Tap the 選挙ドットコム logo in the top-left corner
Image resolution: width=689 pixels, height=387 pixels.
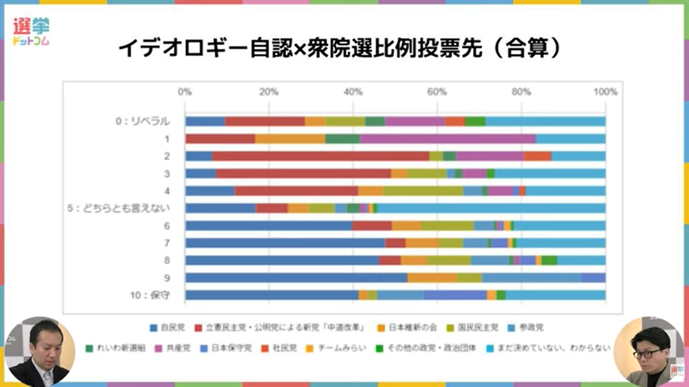[31, 32]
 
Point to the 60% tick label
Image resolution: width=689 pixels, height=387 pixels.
[437, 92]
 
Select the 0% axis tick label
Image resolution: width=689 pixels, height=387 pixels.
[185, 92]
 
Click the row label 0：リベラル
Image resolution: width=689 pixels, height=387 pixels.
[142, 121]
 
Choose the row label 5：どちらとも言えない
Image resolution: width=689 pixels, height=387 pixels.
[118, 208]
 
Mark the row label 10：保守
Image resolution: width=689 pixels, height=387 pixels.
[150, 295]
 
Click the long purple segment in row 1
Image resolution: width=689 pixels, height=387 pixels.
[448, 139]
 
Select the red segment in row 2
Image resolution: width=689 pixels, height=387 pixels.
[320, 156]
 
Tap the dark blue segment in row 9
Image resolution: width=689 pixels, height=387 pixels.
[296, 278]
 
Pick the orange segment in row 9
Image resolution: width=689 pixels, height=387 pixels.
[432, 278]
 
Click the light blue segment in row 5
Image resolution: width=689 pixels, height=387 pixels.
[491, 208]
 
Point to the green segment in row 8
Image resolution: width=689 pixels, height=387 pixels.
[549, 261]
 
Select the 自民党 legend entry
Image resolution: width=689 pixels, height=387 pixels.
[168, 328]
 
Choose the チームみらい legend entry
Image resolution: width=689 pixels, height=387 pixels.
[336, 348]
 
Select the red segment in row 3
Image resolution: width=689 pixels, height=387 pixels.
[303, 173]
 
